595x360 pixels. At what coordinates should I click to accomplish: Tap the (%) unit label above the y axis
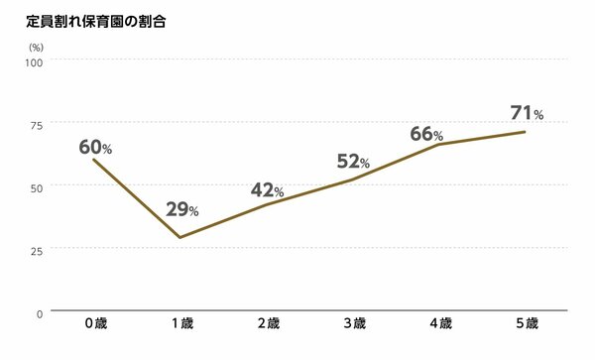37,47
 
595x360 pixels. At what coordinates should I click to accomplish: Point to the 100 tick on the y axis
36,61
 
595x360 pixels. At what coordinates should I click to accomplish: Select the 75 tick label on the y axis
38,124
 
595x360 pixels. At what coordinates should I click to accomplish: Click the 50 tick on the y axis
38,186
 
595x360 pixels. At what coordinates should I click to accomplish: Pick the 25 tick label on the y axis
38,250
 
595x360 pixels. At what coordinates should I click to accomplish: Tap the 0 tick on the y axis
40,313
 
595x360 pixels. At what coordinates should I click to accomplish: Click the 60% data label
95,148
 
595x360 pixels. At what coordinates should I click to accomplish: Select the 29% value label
181,209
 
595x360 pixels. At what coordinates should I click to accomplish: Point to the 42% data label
268,190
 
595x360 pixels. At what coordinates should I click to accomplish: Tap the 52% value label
354,162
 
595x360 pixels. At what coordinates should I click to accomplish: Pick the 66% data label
426,134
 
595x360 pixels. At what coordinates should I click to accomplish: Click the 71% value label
527,112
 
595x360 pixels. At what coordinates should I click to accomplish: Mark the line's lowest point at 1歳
179,237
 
